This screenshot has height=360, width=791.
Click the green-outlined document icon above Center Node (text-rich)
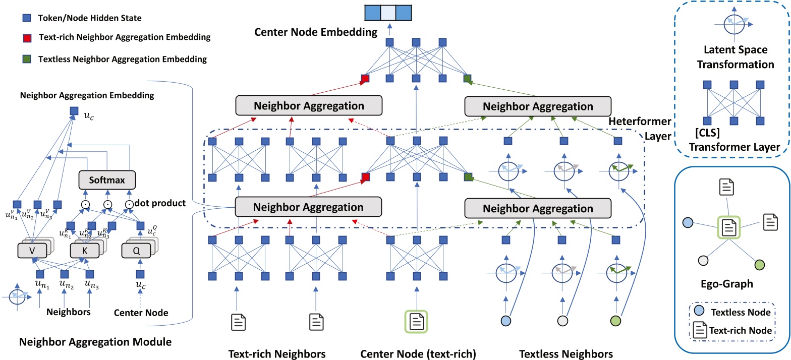coord(416,321)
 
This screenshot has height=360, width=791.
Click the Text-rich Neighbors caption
coord(276,354)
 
